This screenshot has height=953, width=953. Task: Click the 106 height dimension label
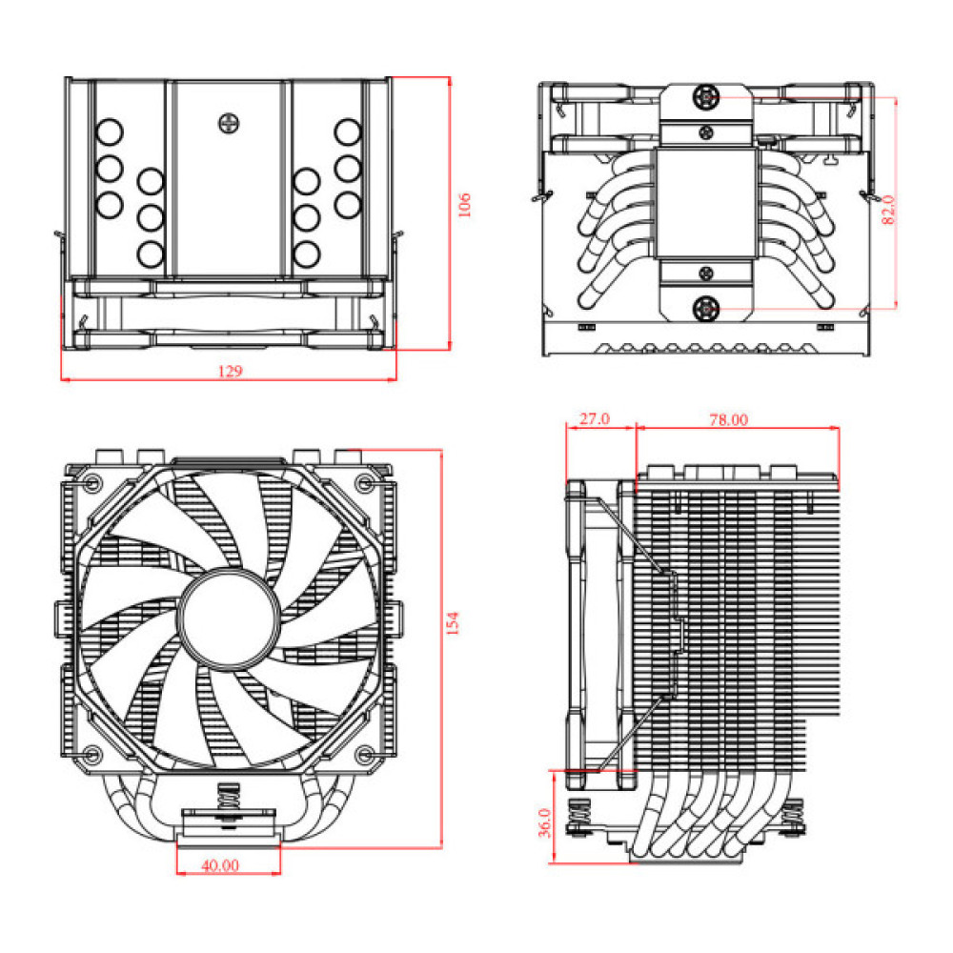464,205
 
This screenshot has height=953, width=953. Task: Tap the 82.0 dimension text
888,209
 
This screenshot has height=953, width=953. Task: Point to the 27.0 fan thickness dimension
599,419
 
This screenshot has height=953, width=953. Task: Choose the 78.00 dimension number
729,419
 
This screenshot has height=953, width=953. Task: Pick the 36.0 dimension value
544,821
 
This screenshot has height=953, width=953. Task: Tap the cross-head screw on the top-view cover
229,123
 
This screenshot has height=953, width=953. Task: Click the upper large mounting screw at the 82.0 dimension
706,96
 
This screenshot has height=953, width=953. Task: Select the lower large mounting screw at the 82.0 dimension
706,308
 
